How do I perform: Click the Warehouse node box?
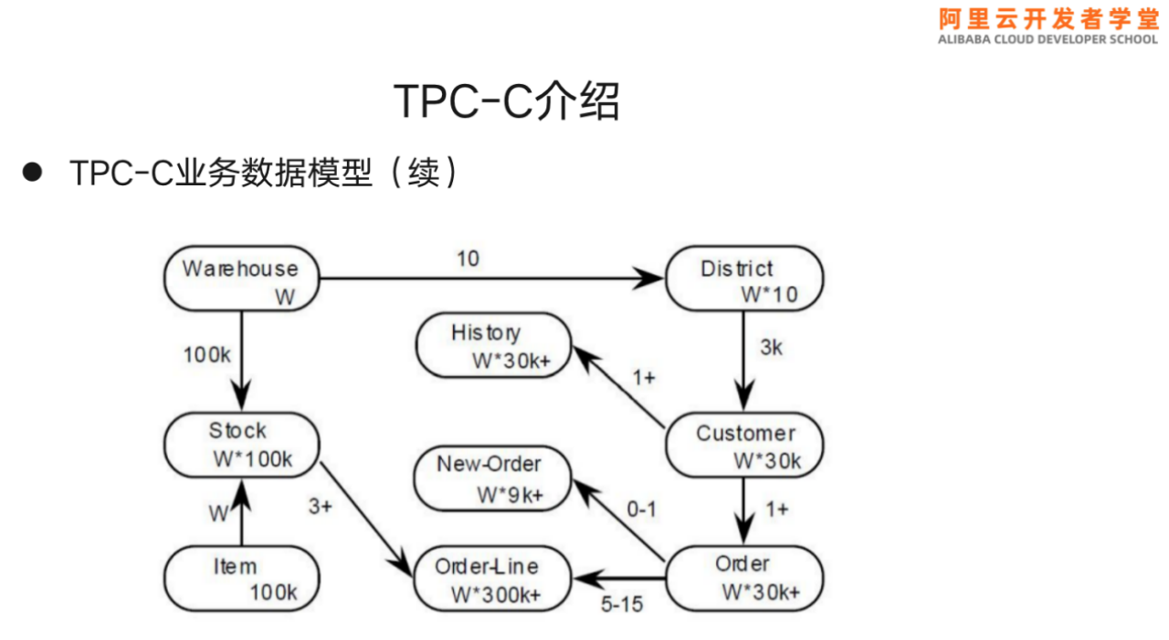pyautogui.click(x=242, y=280)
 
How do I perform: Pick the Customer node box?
pyautogui.click(x=743, y=446)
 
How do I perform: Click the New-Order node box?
pyautogui.click(x=491, y=477)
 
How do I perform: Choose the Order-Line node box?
pyautogui.click(x=491, y=580)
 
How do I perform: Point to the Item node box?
pyautogui.click(x=242, y=579)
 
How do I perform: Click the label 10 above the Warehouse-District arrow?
pyautogui.click(x=468, y=258)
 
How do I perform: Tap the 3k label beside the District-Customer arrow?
pyautogui.click(x=772, y=347)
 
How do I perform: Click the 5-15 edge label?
pyautogui.click(x=622, y=603)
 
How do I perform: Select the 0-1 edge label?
pyautogui.click(x=641, y=509)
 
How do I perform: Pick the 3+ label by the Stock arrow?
pyautogui.click(x=320, y=506)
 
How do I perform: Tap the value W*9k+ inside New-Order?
pyautogui.click(x=510, y=495)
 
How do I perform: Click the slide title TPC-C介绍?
pyautogui.click(x=506, y=100)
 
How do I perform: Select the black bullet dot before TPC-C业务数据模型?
pyautogui.click(x=33, y=172)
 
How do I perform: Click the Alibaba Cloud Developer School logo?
pyautogui.click(x=1048, y=25)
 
